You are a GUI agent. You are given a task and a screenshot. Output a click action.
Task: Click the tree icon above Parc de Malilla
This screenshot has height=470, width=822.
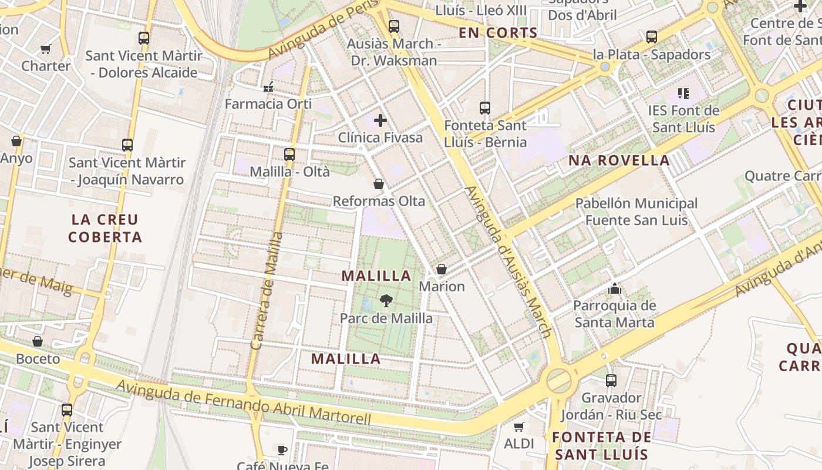386,301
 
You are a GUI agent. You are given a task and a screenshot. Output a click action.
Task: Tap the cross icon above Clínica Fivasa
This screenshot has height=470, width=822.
380,120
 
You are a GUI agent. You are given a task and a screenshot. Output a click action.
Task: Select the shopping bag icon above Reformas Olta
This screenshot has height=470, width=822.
379,184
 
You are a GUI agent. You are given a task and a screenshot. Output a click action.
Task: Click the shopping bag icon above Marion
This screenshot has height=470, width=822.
442,269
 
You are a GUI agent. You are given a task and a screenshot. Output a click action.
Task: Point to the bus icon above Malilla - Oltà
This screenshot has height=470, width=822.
289,155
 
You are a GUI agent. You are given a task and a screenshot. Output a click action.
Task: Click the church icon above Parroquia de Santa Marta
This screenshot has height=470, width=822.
615,288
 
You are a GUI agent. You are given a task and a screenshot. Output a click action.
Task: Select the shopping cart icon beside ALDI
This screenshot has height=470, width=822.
518,427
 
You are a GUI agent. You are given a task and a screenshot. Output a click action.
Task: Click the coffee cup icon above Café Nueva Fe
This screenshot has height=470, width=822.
282,450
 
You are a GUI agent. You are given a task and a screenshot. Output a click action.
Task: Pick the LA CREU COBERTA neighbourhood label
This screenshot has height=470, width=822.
105,229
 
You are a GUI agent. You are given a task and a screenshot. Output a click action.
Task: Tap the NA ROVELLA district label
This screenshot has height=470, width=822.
619,160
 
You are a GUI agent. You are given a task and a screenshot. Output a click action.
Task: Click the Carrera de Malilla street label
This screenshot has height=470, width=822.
267,291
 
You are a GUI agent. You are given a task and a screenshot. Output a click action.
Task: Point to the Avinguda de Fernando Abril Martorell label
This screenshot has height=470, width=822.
244,402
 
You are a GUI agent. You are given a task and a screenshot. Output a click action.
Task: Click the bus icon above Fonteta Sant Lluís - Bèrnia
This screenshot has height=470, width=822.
485,108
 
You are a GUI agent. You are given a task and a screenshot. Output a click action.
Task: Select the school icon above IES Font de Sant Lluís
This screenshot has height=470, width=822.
683,93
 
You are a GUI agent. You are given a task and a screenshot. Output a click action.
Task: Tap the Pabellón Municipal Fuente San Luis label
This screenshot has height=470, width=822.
636,212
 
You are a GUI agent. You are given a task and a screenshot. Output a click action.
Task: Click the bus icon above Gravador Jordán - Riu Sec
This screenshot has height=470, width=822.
611,381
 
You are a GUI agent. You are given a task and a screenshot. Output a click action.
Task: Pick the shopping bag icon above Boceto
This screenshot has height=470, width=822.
38,341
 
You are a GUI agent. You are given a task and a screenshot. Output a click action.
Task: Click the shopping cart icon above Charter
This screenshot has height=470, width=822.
46,49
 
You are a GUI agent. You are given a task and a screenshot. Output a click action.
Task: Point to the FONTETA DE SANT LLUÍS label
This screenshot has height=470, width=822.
602,445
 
